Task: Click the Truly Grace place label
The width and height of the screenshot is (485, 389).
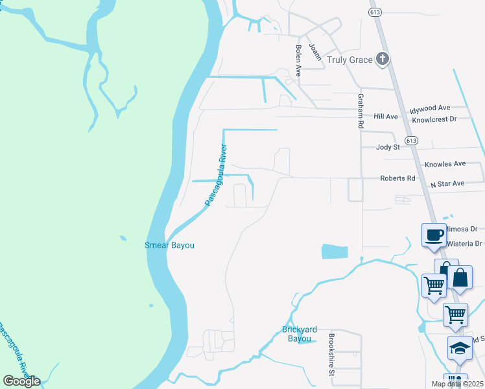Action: click(349, 60)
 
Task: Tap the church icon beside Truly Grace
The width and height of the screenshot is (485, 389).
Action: click(383, 60)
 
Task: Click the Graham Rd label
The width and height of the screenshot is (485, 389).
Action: click(361, 111)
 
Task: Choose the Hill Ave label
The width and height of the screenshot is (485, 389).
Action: click(386, 117)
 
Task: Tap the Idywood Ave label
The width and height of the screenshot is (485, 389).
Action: click(430, 108)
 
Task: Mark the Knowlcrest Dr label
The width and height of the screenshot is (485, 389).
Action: click(434, 119)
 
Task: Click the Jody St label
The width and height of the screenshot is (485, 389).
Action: click(388, 147)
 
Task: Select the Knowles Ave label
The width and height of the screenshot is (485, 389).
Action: click(445, 165)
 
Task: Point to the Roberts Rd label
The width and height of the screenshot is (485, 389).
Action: click(397, 178)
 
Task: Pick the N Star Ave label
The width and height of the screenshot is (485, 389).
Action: click(447, 183)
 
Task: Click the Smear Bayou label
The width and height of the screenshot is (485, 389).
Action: click(169, 245)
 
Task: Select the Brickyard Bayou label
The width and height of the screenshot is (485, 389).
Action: click(297, 334)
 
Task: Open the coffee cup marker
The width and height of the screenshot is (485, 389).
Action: click(433, 236)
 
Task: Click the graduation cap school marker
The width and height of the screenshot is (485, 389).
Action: click(460, 349)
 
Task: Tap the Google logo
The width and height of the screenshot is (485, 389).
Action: click(21, 381)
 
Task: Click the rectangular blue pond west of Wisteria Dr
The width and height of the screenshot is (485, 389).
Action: click(335, 252)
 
